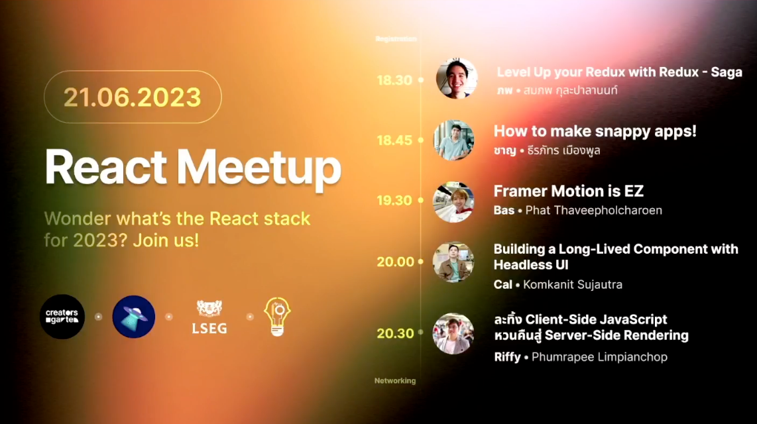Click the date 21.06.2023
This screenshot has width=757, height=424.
tap(132, 97)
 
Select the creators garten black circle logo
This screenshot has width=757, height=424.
tap(62, 317)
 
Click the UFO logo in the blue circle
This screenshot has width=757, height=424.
tap(134, 317)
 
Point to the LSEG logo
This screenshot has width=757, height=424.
tap(209, 317)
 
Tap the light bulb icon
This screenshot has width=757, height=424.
tap(277, 316)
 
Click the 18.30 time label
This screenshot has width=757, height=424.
tap(394, 80)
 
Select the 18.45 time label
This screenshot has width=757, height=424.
tap(394, 140)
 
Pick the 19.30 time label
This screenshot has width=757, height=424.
tap(394, 200)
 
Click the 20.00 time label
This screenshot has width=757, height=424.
tap(395, 262)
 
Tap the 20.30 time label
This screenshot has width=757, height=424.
tap(395, 333)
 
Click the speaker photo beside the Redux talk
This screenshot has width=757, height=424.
tap(457, 79)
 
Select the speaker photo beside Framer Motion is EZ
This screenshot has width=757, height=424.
tap(453, 201)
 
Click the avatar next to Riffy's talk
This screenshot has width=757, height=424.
tap(453, 333)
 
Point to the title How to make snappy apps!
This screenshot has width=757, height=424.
tap(595, 131)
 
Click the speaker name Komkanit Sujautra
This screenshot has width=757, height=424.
tap(572, 285)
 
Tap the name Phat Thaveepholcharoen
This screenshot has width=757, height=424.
tap(593, 211)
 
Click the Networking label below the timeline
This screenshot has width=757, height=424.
tap(395, 381)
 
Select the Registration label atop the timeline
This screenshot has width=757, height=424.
tap(396, 39)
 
